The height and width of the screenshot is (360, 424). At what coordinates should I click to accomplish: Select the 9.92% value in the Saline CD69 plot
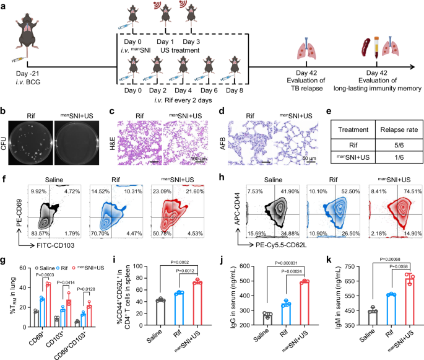tap(28, 193)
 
